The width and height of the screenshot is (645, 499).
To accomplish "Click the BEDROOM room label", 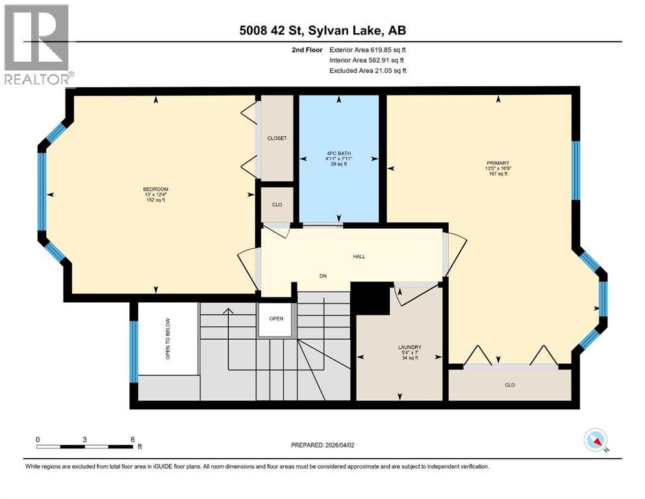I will tap(155, 189).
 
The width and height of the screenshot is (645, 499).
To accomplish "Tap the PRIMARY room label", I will tap(498, 164).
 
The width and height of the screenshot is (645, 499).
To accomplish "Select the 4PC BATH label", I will tap(337, 153).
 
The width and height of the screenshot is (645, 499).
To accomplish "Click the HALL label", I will tap(359, 256).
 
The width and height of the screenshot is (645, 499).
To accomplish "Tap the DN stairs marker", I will tap(322, 275).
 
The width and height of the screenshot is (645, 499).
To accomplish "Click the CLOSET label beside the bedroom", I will tap(277, 138).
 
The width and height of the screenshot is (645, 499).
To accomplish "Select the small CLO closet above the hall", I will tap(277, 205).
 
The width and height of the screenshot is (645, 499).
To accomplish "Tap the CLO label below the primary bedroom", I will tap(509, 385).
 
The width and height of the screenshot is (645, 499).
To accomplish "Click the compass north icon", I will tap(595, 441).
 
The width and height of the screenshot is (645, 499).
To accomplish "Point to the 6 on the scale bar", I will tap(133, 439).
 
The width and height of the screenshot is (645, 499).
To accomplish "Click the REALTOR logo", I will tap(37, 45).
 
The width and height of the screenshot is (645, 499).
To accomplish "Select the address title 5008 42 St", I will tap(322, 30).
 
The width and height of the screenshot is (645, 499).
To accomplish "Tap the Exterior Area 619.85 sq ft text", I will tap(368, 49).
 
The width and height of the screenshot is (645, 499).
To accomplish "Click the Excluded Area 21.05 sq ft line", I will tap(368, 70).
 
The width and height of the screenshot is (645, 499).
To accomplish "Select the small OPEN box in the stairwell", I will tap(276, 319).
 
